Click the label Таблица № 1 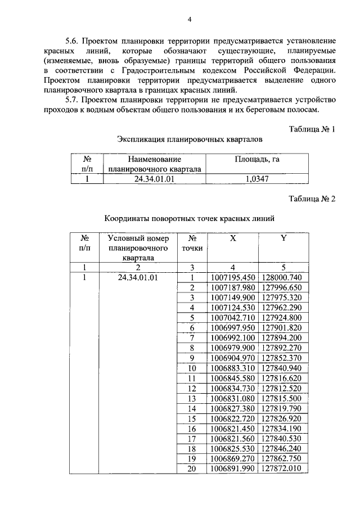pos(312,129)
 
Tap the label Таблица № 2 pos(312,199)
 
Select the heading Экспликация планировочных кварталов pos(190,138)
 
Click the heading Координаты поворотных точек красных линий pos(190,219)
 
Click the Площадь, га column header pos(257,159)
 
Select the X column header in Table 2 pos(232,238)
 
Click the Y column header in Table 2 pos(284,238)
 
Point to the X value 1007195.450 pos(232,277)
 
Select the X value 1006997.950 pos(232,327)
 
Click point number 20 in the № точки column pos(192,469)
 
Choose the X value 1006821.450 pos(232,429)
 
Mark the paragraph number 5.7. pos(73,100)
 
